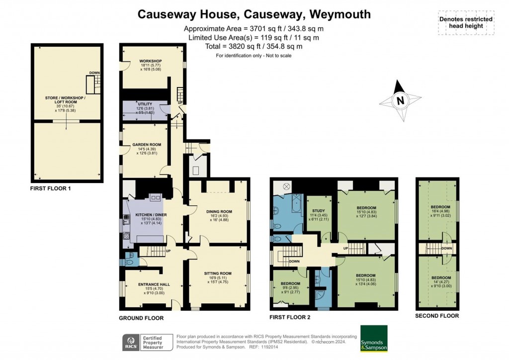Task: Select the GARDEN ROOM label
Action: (x=144, y=145)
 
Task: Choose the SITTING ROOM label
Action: (x=218, y=273)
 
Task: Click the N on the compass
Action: (x=400, y=101)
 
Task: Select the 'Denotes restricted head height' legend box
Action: (x=466, y=23)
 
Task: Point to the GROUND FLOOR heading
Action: (x=141, y=318)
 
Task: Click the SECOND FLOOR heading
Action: (x=437, y=316)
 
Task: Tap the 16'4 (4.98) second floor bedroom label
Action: (x=440, y=207)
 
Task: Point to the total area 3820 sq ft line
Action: (x=254, y=46)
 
